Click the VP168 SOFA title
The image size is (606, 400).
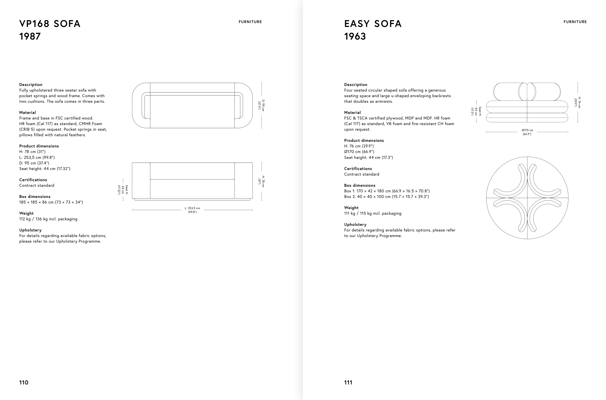pyautogui.click(x=50, y=24)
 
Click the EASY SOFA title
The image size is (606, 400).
pyautogui.click(x=373, y=24)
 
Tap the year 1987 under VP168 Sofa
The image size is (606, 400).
pyautogui.click(x=30, y=36)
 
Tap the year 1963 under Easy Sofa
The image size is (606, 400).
pyautogui.click(x=355, y=36)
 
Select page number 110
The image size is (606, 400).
pyautogui.click(x=24, y=383)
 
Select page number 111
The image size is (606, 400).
pyautogui.click(x=348, y=383)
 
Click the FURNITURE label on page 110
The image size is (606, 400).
pyautogui.click(x=250, y=22)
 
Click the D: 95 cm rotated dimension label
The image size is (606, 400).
pyautogui.click(x=262, y=105)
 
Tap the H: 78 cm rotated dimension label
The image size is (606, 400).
pyautogui.click(x=262, y=181)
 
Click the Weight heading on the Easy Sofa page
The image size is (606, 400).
pyautogui.click(x=351, y=208)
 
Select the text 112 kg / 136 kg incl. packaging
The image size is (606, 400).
pyautogui.click(x=48, y=219)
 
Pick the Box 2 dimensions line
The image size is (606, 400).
pyautogui.click(x=387, y=196)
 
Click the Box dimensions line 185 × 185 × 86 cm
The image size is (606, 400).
pyautogui.click(x=51, y=202)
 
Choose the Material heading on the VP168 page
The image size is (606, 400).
pyautogui.click(x=27, y=112)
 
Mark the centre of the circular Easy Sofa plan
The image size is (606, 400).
pyautogui.click(x=527, y=198)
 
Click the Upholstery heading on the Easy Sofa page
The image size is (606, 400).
pyautogui.click(x=355, y=224)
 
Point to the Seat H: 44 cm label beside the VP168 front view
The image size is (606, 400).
pyautogui.click(x=123, y=190)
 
